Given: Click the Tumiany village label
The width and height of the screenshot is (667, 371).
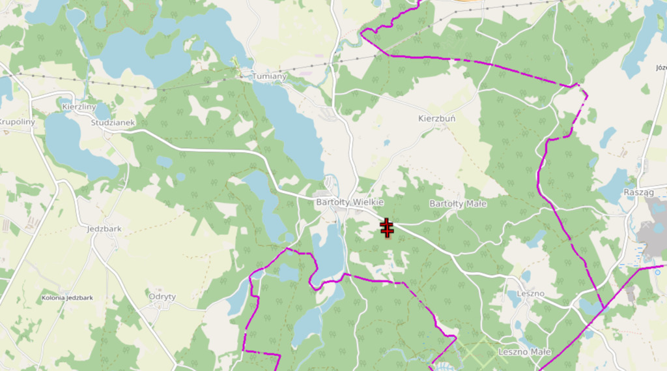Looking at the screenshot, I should coord(269,76).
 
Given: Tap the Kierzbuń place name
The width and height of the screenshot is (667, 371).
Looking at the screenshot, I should coord(436,119).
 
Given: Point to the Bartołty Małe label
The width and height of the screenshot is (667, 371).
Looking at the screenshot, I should coord(458,204).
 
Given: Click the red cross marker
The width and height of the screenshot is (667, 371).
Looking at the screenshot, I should coord(387,229).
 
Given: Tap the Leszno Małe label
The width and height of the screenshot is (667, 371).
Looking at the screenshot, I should coord(524,352).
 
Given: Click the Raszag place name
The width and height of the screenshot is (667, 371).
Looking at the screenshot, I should coord(638,193).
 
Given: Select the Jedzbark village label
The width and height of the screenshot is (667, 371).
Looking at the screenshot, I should coord(104,229).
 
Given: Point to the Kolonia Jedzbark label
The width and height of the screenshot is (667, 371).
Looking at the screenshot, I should coord(67,298).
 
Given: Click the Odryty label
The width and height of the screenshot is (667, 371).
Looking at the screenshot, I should coord(162,296).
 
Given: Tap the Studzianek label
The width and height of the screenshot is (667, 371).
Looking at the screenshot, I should coord(113,123).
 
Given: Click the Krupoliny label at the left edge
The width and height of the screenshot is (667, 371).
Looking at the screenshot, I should coord(16,123).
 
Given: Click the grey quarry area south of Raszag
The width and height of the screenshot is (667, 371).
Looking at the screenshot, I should coord(651,235).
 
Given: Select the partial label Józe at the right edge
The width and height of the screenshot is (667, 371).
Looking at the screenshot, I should coord(660,67).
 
